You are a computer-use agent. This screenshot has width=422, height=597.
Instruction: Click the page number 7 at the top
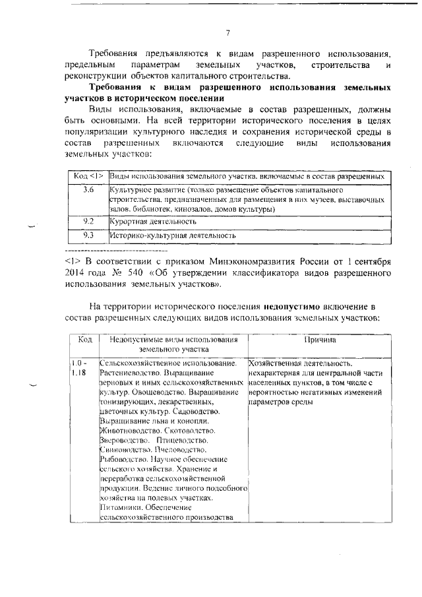pos(227,33)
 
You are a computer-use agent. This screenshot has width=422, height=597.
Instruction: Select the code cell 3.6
pos(88,190)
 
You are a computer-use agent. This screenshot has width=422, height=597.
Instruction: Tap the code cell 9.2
pos(88,221)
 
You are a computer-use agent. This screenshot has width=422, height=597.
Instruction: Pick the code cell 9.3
pos(88,234)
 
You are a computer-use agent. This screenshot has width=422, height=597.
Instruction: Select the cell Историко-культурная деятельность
pos(172,234)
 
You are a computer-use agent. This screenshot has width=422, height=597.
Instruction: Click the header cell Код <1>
pos(88,177)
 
